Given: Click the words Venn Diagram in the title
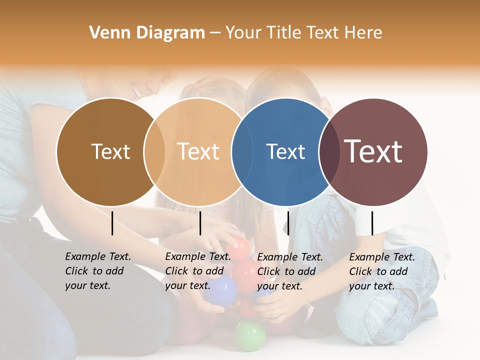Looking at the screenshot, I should click(x=147, y=33).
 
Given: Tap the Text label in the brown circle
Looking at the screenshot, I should click(x=110, y=151).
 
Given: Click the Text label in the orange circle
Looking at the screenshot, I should click(x=198, y=151).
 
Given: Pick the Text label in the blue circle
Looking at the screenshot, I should click(x=285, y=151).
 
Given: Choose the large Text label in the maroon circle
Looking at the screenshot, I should click(x=373, y=151).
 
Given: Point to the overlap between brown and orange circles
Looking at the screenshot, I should click(x=154, y=152).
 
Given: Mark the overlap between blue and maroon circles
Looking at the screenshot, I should click(x=328, y=152).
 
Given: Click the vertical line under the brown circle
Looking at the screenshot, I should click(x=112, y=223).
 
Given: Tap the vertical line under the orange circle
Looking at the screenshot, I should click(x=200, y=223).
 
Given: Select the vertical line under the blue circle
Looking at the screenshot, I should click(x=288, y=223).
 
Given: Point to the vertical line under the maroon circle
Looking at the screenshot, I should click(x=372, y=223).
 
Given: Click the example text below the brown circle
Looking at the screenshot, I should click(x=98, y=271).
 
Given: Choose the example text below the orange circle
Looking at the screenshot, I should click(x=198, y=271).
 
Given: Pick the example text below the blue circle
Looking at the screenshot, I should click(x=290, y=271).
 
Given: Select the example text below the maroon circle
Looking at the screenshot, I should click(x=382, y=271).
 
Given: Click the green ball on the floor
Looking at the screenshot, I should click(x=250, y=334).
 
